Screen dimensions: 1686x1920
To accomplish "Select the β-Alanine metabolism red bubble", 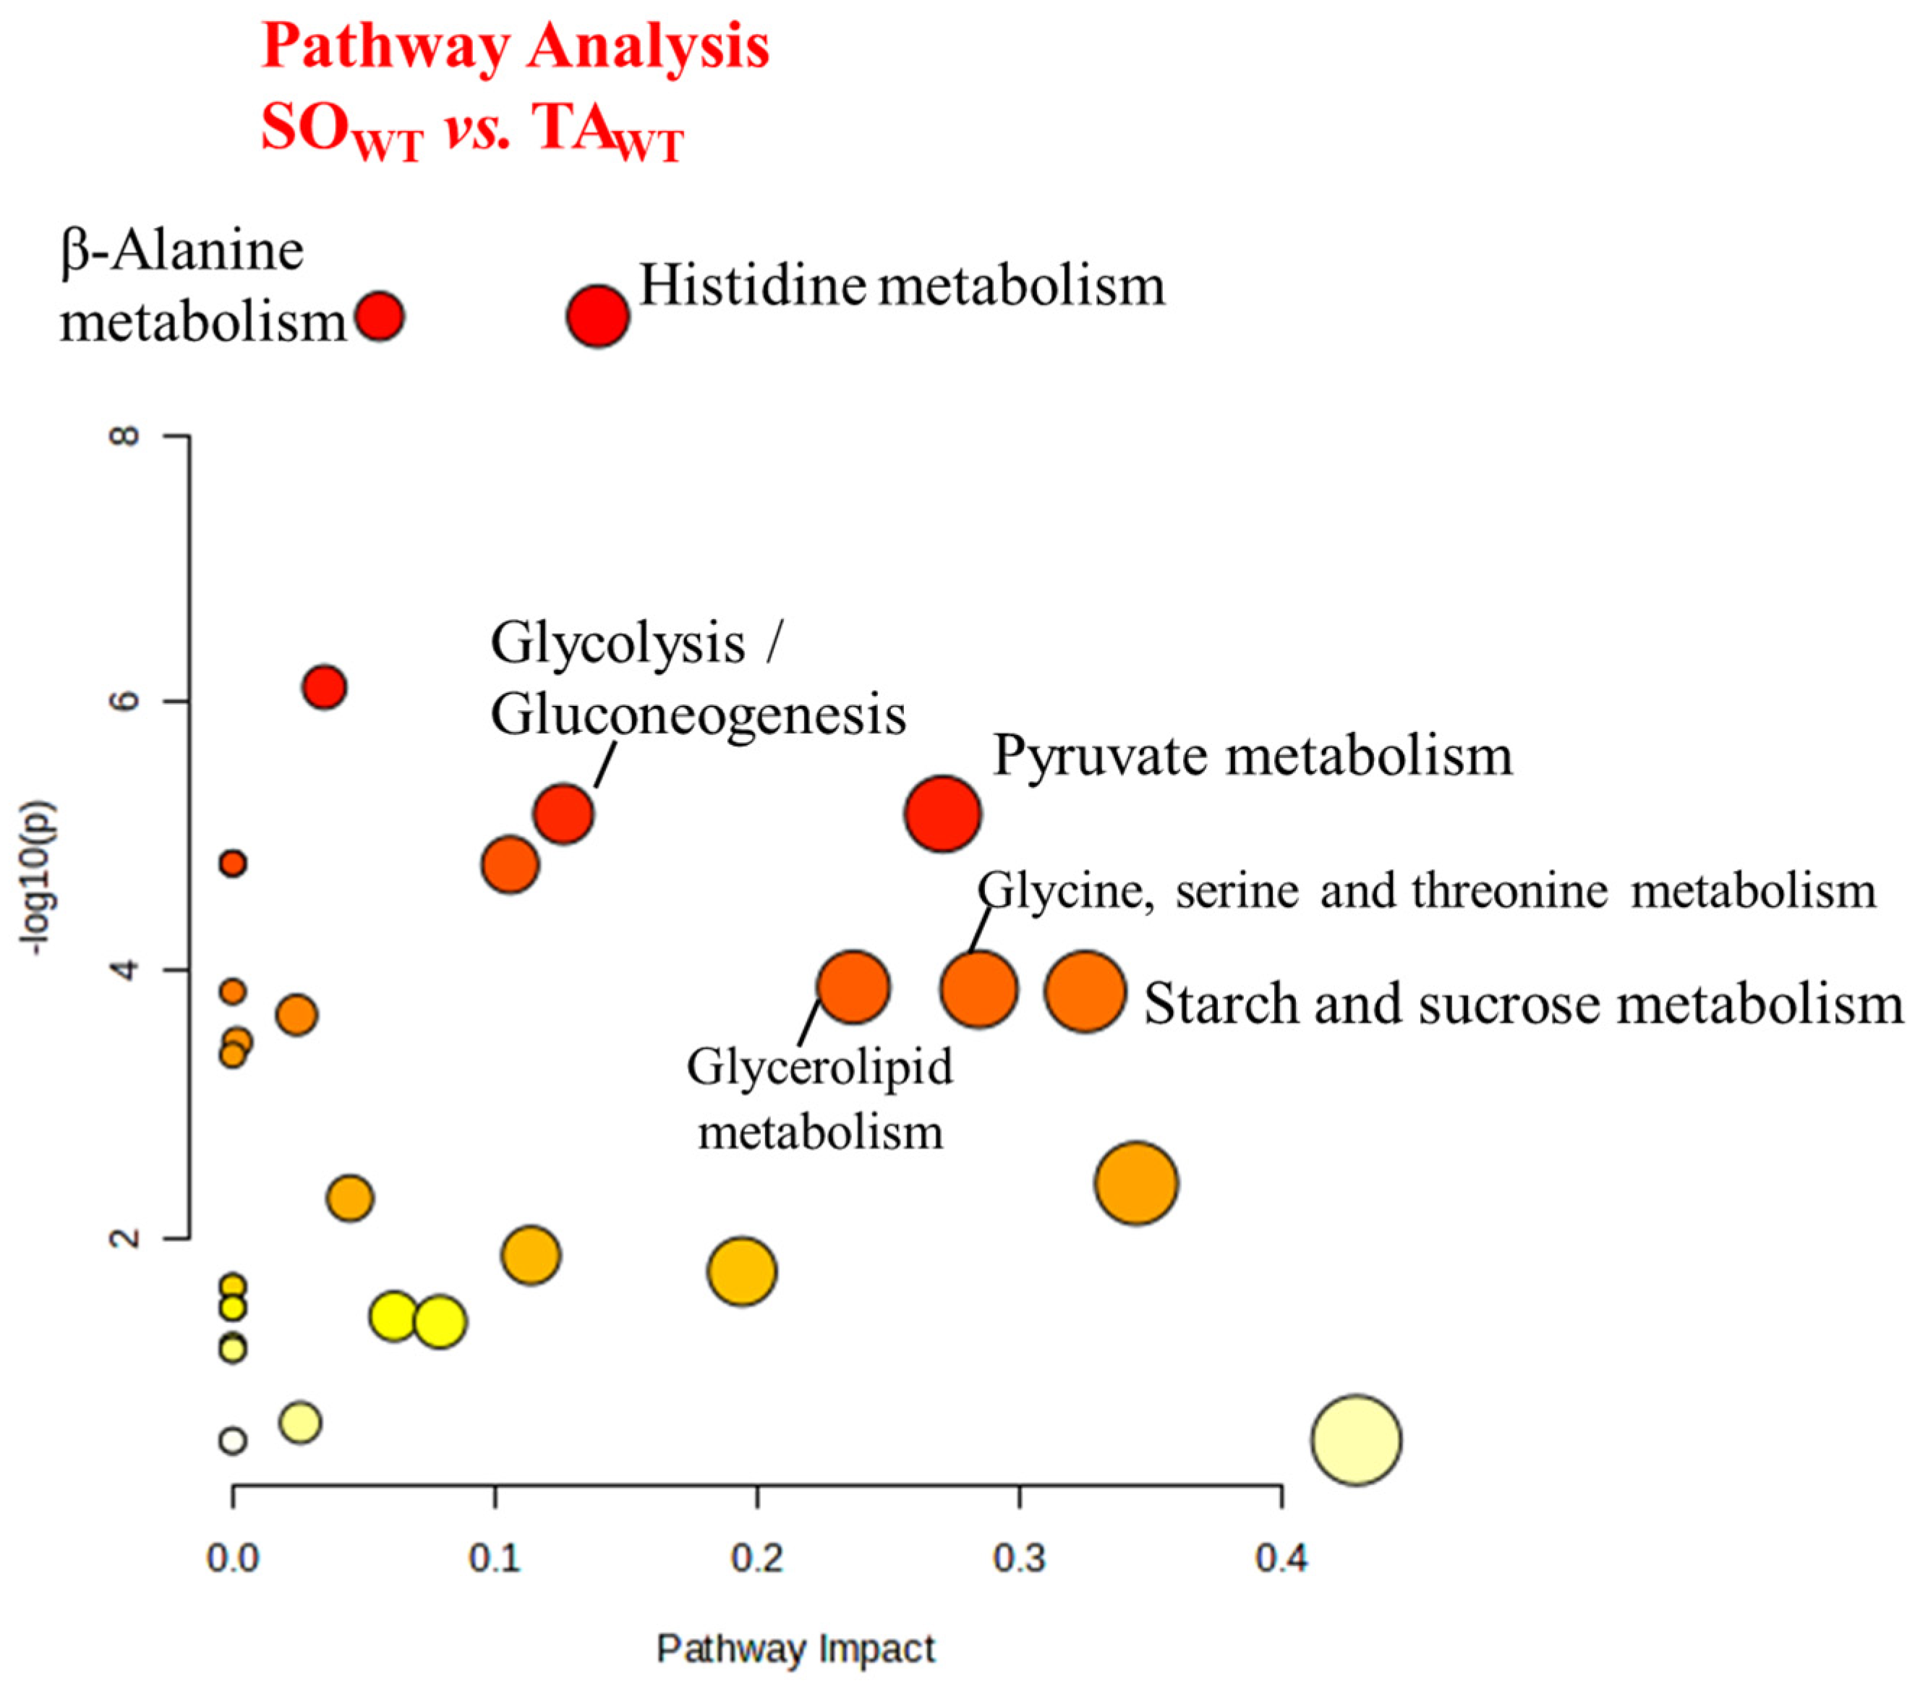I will click(380, 315).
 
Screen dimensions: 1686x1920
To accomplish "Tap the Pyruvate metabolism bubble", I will click(942, 814).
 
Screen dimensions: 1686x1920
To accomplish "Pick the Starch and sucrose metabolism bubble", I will click(1085, 991).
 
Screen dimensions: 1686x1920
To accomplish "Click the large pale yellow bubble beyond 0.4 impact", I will click(1355, 1440).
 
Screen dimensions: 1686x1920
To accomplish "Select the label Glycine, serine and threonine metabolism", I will click(1426, 890).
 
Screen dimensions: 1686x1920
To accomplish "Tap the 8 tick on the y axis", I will click(126, 436).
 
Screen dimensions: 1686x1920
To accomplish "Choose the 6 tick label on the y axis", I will click(126, 701).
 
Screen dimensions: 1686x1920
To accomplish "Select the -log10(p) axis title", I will click(42, 878).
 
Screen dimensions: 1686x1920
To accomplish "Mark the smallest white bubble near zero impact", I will click(233, 1440).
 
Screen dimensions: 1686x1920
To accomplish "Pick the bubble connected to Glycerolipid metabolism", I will click(853, 987).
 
